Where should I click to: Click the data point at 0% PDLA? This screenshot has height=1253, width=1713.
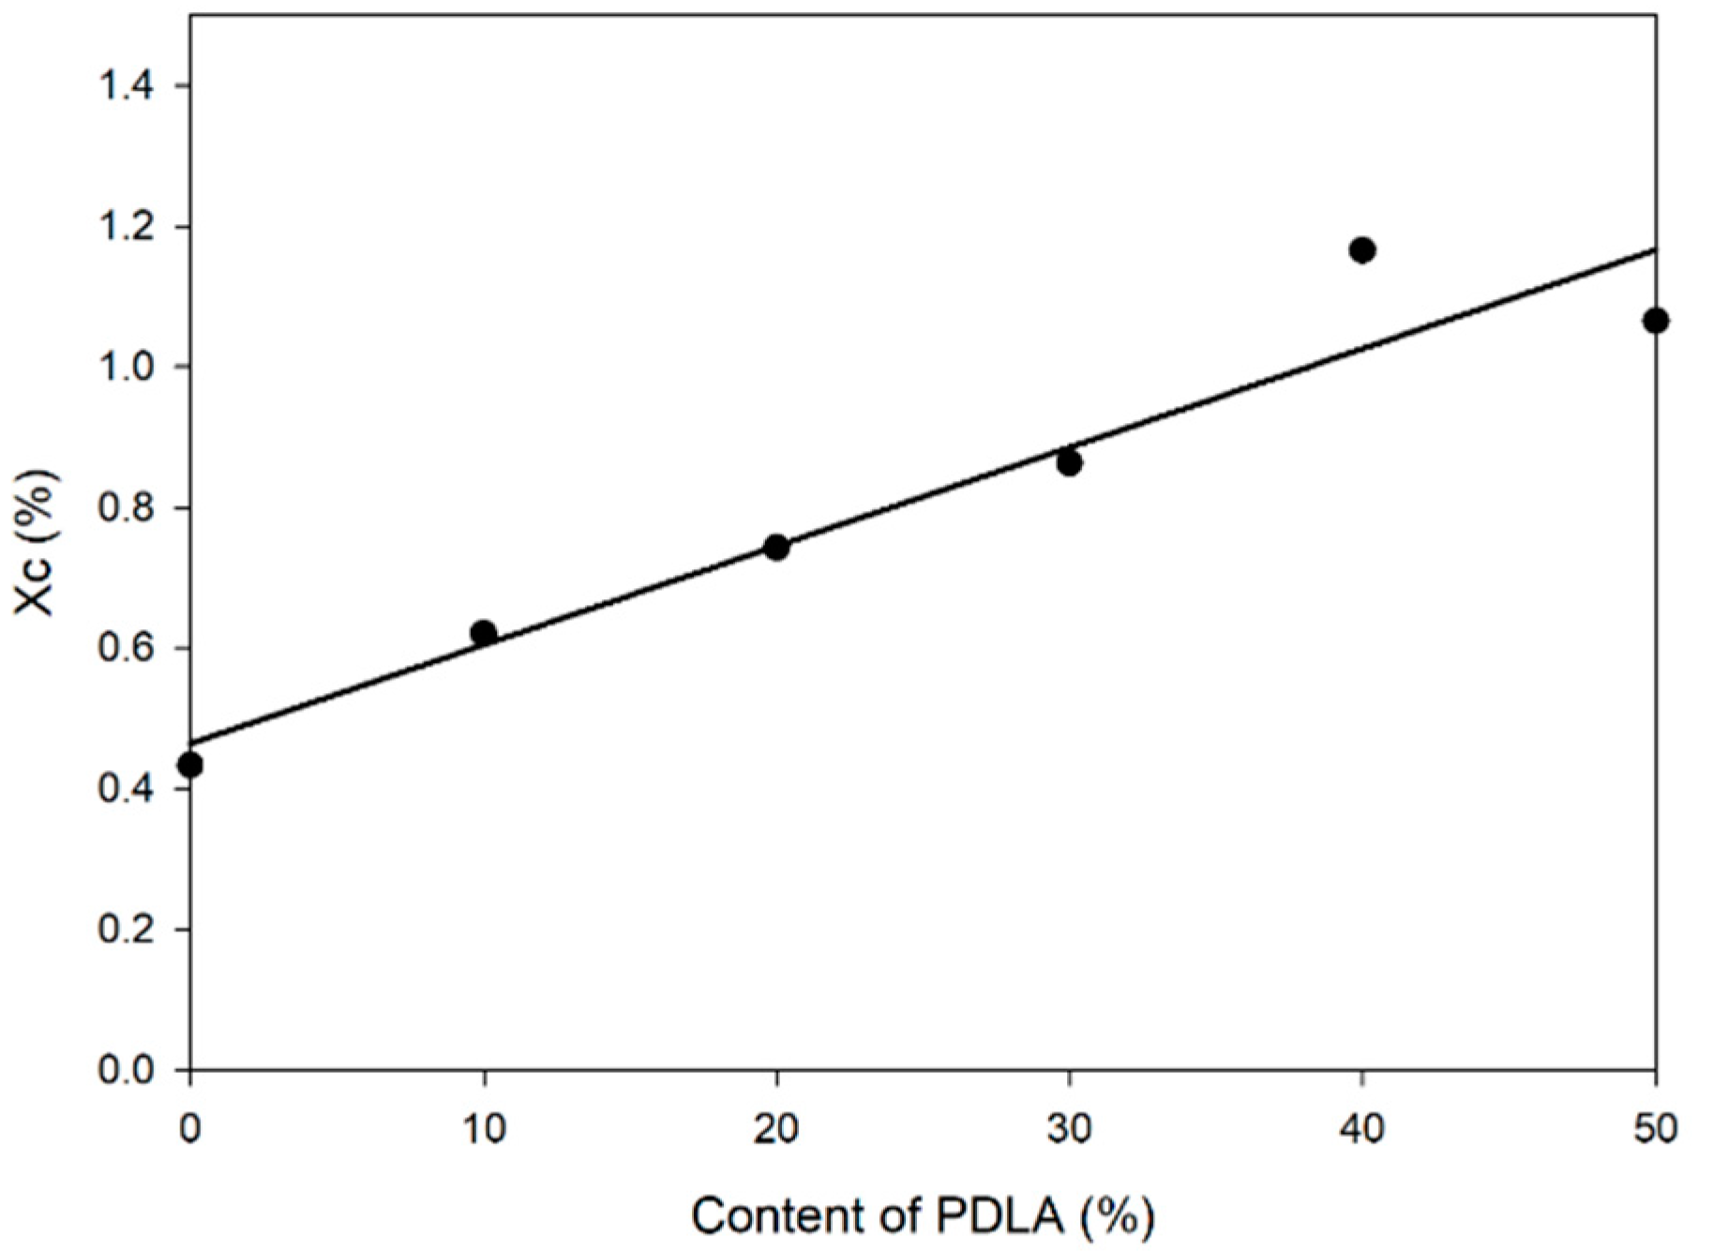(190, 764)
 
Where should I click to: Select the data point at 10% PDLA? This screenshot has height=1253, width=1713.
(484, 632)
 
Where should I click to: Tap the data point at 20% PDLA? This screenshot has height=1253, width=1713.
(776, 547)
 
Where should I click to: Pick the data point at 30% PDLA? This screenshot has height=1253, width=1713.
(1069, 462)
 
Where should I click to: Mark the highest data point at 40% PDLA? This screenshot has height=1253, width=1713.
(1362, 250)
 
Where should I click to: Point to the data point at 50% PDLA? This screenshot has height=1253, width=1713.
(1655, 321)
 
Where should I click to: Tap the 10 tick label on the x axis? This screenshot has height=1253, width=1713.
(484, 1128)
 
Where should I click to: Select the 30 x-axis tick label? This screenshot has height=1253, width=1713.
(1069, 1128)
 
